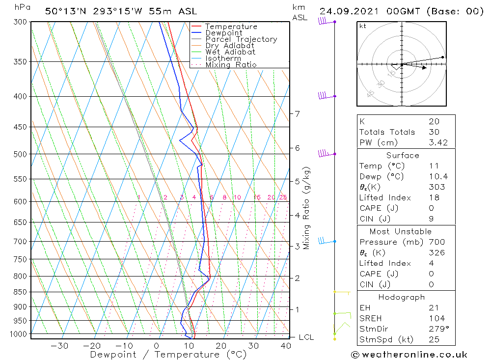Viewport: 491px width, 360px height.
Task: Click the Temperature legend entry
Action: (231, 27)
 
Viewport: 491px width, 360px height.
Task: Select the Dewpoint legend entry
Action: (223, 33)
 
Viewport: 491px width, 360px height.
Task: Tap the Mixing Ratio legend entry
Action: (231, 65)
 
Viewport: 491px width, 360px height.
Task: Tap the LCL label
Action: (306, 337)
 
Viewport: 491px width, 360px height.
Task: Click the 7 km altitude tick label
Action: (297, 114)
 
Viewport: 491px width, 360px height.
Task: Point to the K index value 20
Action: (434, 121)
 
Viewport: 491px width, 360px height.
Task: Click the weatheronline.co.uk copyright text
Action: (409, 355)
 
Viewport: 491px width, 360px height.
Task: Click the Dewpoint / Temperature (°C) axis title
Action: (168, 355)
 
